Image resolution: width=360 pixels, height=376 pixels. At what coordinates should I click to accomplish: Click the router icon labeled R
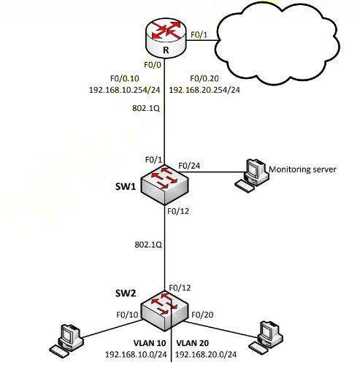pos(166,38)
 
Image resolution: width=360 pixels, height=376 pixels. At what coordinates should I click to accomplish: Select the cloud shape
pos(277,43)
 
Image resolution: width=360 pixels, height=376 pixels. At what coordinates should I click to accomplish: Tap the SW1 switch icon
pos(165,185)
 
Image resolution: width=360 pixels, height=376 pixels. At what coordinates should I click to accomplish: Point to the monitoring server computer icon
pos(252,176)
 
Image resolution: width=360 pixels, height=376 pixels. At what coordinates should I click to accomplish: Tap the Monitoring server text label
pos(302,169)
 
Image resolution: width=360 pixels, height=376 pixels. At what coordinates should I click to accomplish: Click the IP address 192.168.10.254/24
pos(124,90)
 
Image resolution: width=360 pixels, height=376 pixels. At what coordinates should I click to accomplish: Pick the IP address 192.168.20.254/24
pos(204,90)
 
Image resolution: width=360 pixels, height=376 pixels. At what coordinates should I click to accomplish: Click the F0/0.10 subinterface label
pos(125,79)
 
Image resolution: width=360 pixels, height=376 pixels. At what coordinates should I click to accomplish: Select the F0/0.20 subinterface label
pos(204,79)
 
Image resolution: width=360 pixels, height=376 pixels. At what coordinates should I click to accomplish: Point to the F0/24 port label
pos(189,166)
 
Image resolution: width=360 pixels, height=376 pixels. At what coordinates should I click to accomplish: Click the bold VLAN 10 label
pos(150,343)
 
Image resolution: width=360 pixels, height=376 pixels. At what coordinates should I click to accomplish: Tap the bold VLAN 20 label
pos(193,343)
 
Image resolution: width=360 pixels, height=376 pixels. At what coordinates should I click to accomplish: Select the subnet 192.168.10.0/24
pos(136,355)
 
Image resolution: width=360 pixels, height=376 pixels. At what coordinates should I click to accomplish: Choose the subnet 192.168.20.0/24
pos(206,355)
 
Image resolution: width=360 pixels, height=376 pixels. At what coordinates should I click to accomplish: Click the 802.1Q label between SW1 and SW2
pos(148,245)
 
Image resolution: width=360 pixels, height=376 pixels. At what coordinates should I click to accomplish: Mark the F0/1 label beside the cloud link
pos(199,35)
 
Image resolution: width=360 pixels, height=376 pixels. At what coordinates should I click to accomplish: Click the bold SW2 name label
pos(126,293)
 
